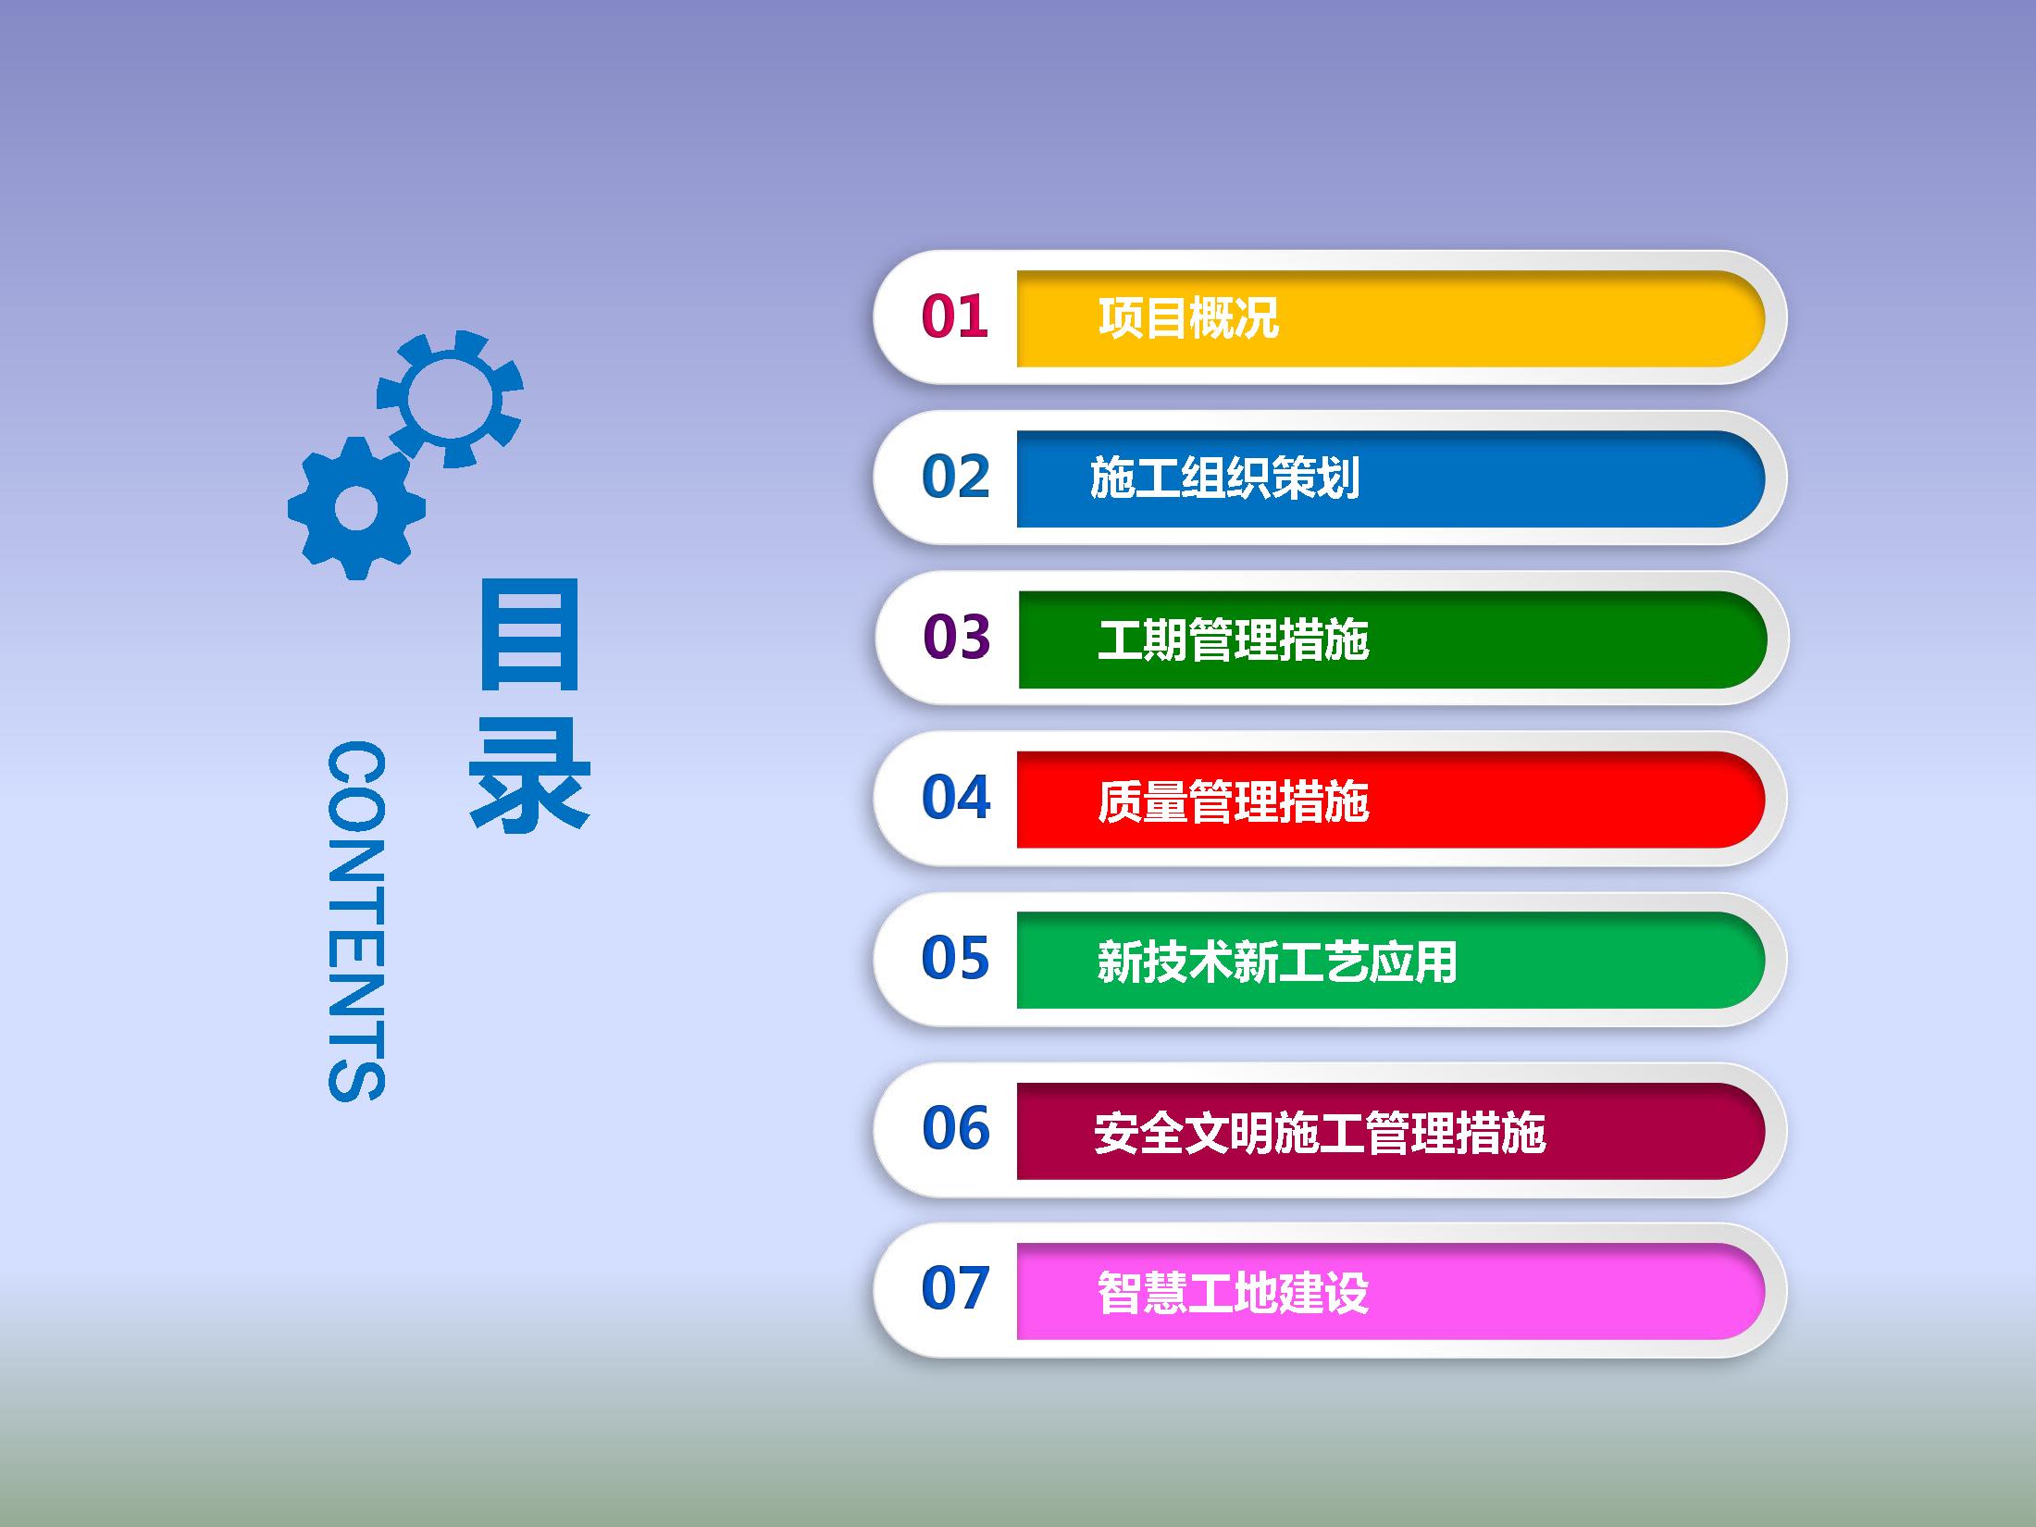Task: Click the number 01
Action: point(954,317)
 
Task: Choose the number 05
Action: point(955,958)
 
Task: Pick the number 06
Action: point(955,1128)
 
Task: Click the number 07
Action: point(955,1288)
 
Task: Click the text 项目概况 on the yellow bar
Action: point(1188,318)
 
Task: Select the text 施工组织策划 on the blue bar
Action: point(1224,478)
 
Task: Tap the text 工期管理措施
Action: point(1233,639)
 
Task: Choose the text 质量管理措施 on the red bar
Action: point(1233,801)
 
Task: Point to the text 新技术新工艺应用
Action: point(1277,962)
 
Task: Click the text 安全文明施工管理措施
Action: point(1320,1132)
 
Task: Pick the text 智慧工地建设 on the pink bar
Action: point(1233,1292)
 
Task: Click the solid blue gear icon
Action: point(356,509)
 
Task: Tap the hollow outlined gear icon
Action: point(451,399)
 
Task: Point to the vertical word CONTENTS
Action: point(356,921)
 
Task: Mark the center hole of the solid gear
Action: point(356,509)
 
